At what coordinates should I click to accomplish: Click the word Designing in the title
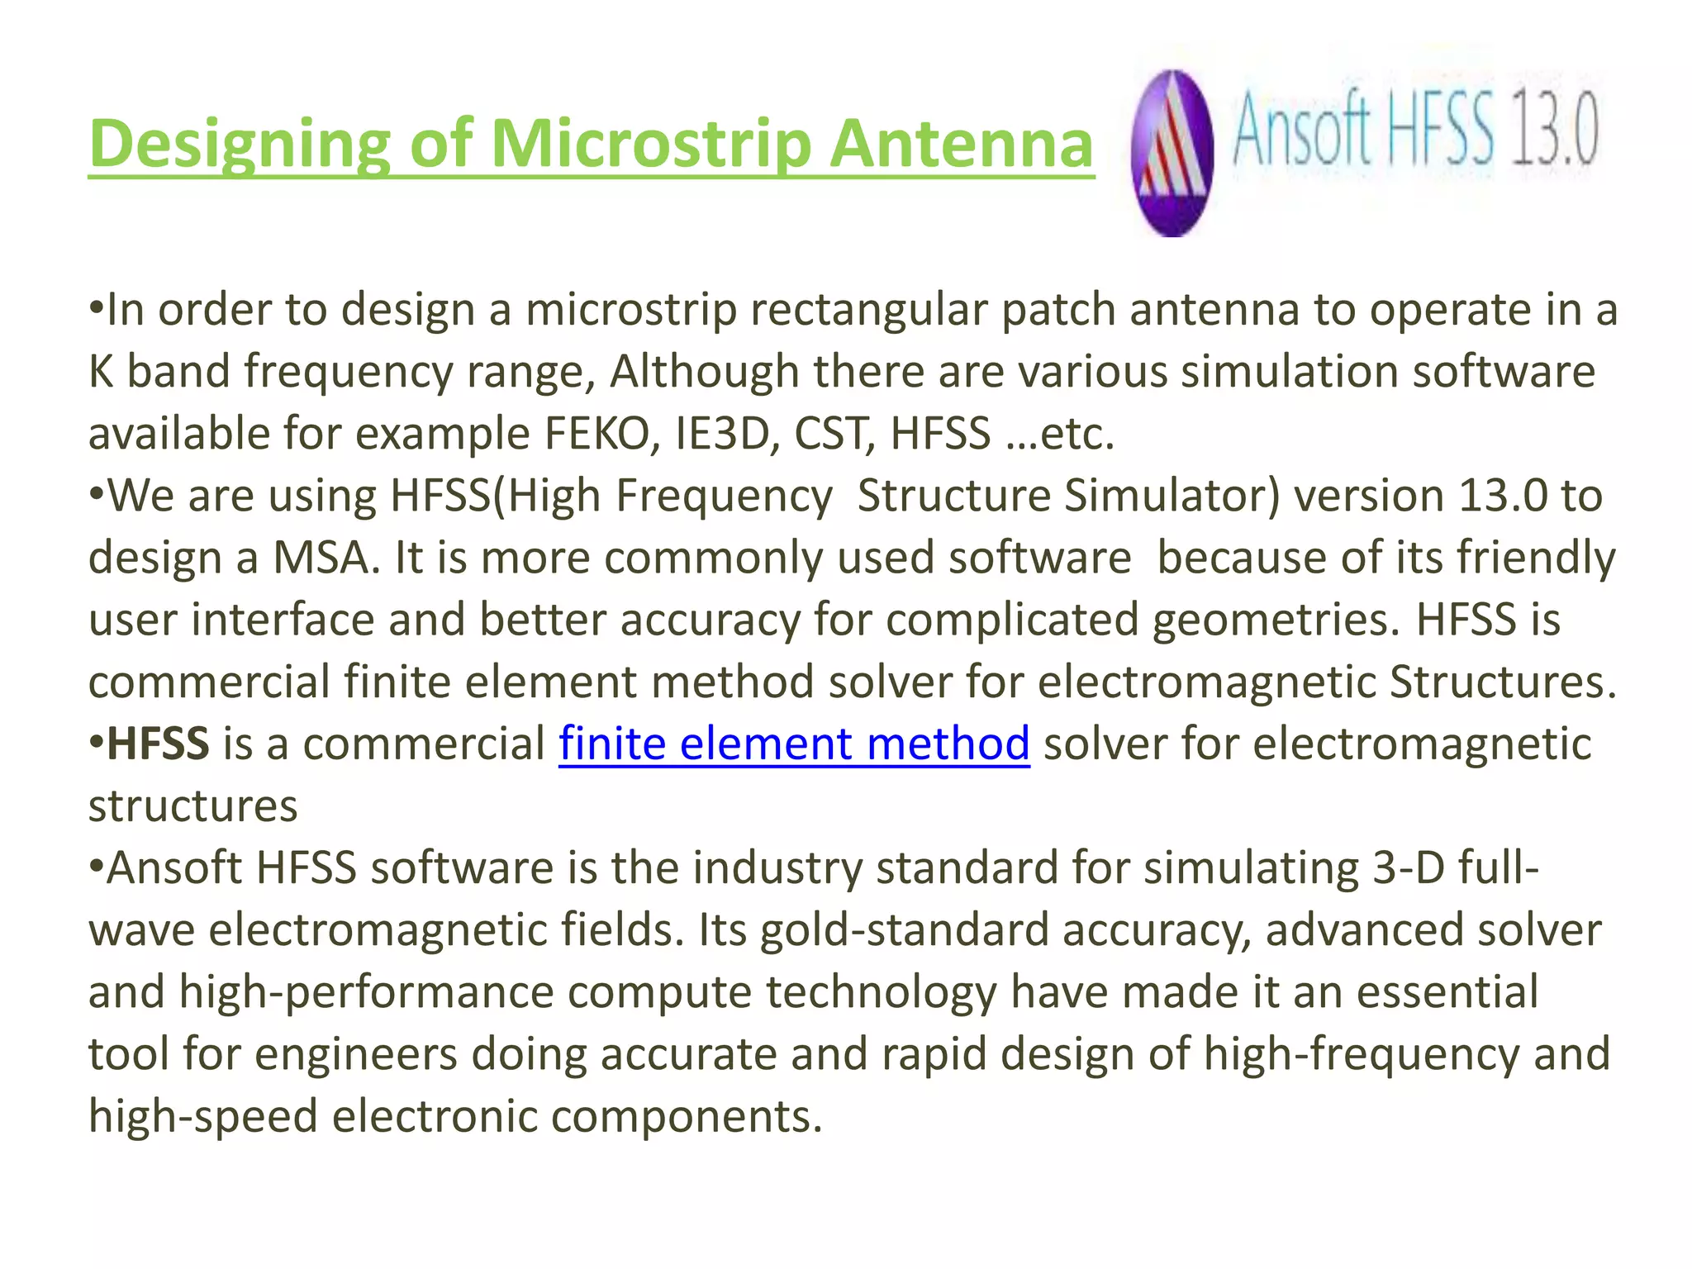tap(240, 145)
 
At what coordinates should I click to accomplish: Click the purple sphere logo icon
tap(1172, 154)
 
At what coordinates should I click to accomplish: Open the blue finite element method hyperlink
tap(794, 744)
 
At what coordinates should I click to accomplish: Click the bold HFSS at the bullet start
tap(158, 744)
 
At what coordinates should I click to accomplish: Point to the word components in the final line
tap(687, 1116)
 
